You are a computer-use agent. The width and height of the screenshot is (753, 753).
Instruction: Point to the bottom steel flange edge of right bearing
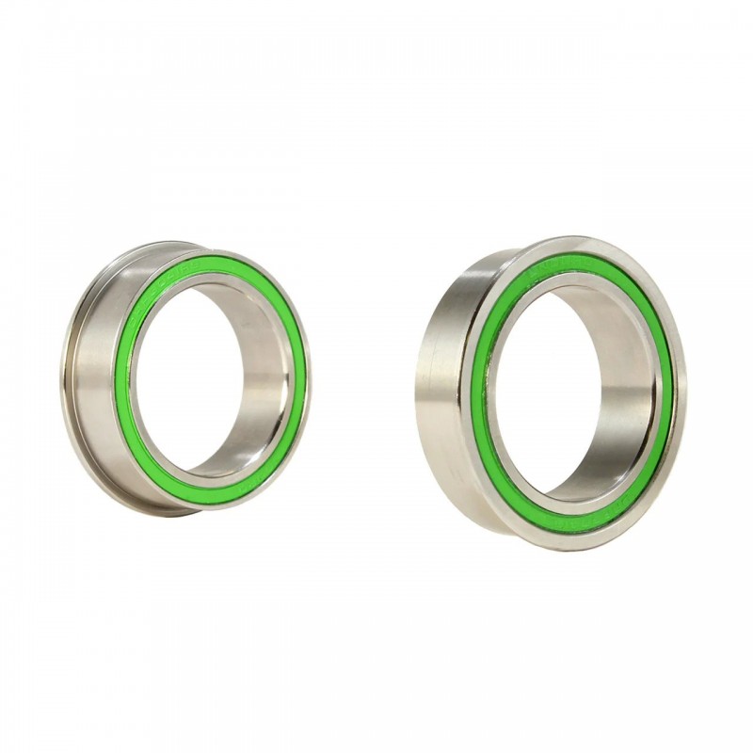584,543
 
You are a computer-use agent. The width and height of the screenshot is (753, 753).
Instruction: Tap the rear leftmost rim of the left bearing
69,376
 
